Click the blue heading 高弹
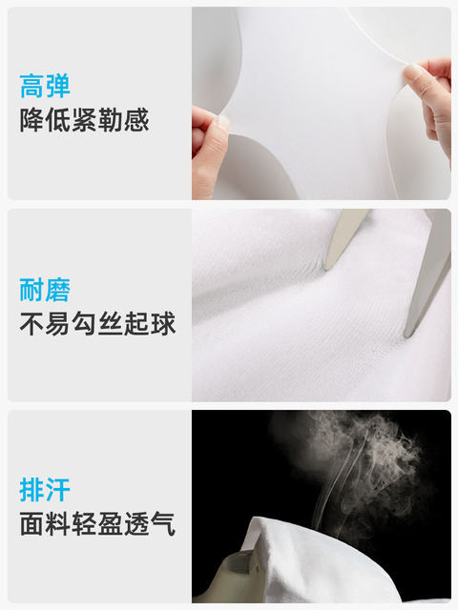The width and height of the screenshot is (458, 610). tap(45, 86)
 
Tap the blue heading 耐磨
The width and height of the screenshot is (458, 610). tap(45, 290)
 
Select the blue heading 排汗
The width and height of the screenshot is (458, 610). tap(45, 490)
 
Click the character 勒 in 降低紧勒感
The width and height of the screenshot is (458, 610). tap(111, 120)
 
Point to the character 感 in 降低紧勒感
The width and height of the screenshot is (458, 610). tap(136, 120)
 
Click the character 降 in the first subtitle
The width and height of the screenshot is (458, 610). tap(32, 120)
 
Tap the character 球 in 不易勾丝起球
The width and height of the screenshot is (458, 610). tap(163, 324)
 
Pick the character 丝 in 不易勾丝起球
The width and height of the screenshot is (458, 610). tap(111, 324)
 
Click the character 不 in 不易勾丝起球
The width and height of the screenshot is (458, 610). tap(32, 324)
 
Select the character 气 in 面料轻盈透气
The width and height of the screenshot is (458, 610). tap(163, 524)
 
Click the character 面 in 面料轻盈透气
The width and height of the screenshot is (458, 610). tap(32, 524)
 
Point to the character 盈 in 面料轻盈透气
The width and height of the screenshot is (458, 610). tap(111, 524)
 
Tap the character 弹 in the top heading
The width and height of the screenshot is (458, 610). tap(57, 86)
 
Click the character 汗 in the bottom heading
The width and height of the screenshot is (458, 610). tap(57, 490)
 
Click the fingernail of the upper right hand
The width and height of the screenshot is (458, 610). tap(412, 72)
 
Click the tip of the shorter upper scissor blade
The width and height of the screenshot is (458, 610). tap(326, 269)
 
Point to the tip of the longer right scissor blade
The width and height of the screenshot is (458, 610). tap(407, 335)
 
